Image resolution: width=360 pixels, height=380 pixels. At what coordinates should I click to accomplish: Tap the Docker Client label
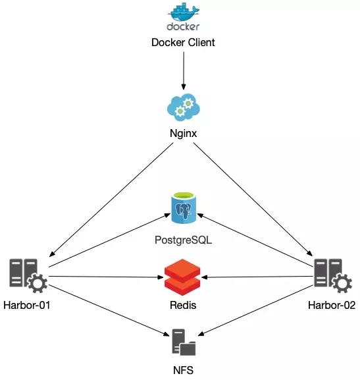[x=183, y=42]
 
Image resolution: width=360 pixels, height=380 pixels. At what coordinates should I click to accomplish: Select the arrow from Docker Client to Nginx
[x=184, y=70]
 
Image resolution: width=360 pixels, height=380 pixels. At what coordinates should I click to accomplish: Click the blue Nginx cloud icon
[x=184, y=107]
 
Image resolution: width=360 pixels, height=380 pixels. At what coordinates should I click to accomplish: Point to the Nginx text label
[x=183, y=133]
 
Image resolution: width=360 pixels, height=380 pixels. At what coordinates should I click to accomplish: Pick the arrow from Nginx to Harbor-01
[x=111, y=200]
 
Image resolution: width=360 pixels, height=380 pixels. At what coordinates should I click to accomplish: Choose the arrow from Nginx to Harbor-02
[x=253, y=199]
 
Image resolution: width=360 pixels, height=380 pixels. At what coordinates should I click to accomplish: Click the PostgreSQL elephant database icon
[x=184, y=207]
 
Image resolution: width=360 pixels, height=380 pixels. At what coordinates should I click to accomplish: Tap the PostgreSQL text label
[x=183, y=240]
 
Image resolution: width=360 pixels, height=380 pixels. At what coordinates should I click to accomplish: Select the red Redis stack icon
[x=182, y=277]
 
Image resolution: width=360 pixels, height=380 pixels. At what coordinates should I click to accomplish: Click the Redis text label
[x=183, y=305]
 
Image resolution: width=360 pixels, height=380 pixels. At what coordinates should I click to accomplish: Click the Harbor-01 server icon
[x=28, y=275]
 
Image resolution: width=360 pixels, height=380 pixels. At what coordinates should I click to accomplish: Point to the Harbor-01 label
[x=26, y=305]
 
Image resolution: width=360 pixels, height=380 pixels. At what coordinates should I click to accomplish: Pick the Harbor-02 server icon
[x=333, y=275]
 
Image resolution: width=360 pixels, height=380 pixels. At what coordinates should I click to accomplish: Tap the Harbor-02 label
[x=332, y=305]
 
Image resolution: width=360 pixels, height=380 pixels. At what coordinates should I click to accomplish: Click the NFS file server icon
[x=184, y=342]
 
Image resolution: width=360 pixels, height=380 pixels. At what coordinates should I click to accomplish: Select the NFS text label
[x=183, y=370]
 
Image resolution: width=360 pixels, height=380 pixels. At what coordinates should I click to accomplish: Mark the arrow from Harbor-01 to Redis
[x=107, y=277]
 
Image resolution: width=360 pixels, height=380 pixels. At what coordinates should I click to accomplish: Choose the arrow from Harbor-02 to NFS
[x=255, y=310]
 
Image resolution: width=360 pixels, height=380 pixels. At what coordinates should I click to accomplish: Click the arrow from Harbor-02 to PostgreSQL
[x=255, y=240]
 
